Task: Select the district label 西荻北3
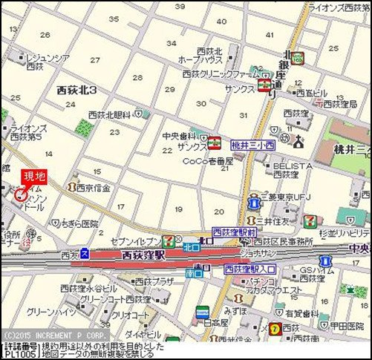coord(82,89)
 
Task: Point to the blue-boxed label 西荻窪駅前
coord(235,233)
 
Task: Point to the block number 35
coord(114,19)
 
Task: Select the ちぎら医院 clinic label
coord(79,223)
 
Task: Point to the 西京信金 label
coord(93,189)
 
